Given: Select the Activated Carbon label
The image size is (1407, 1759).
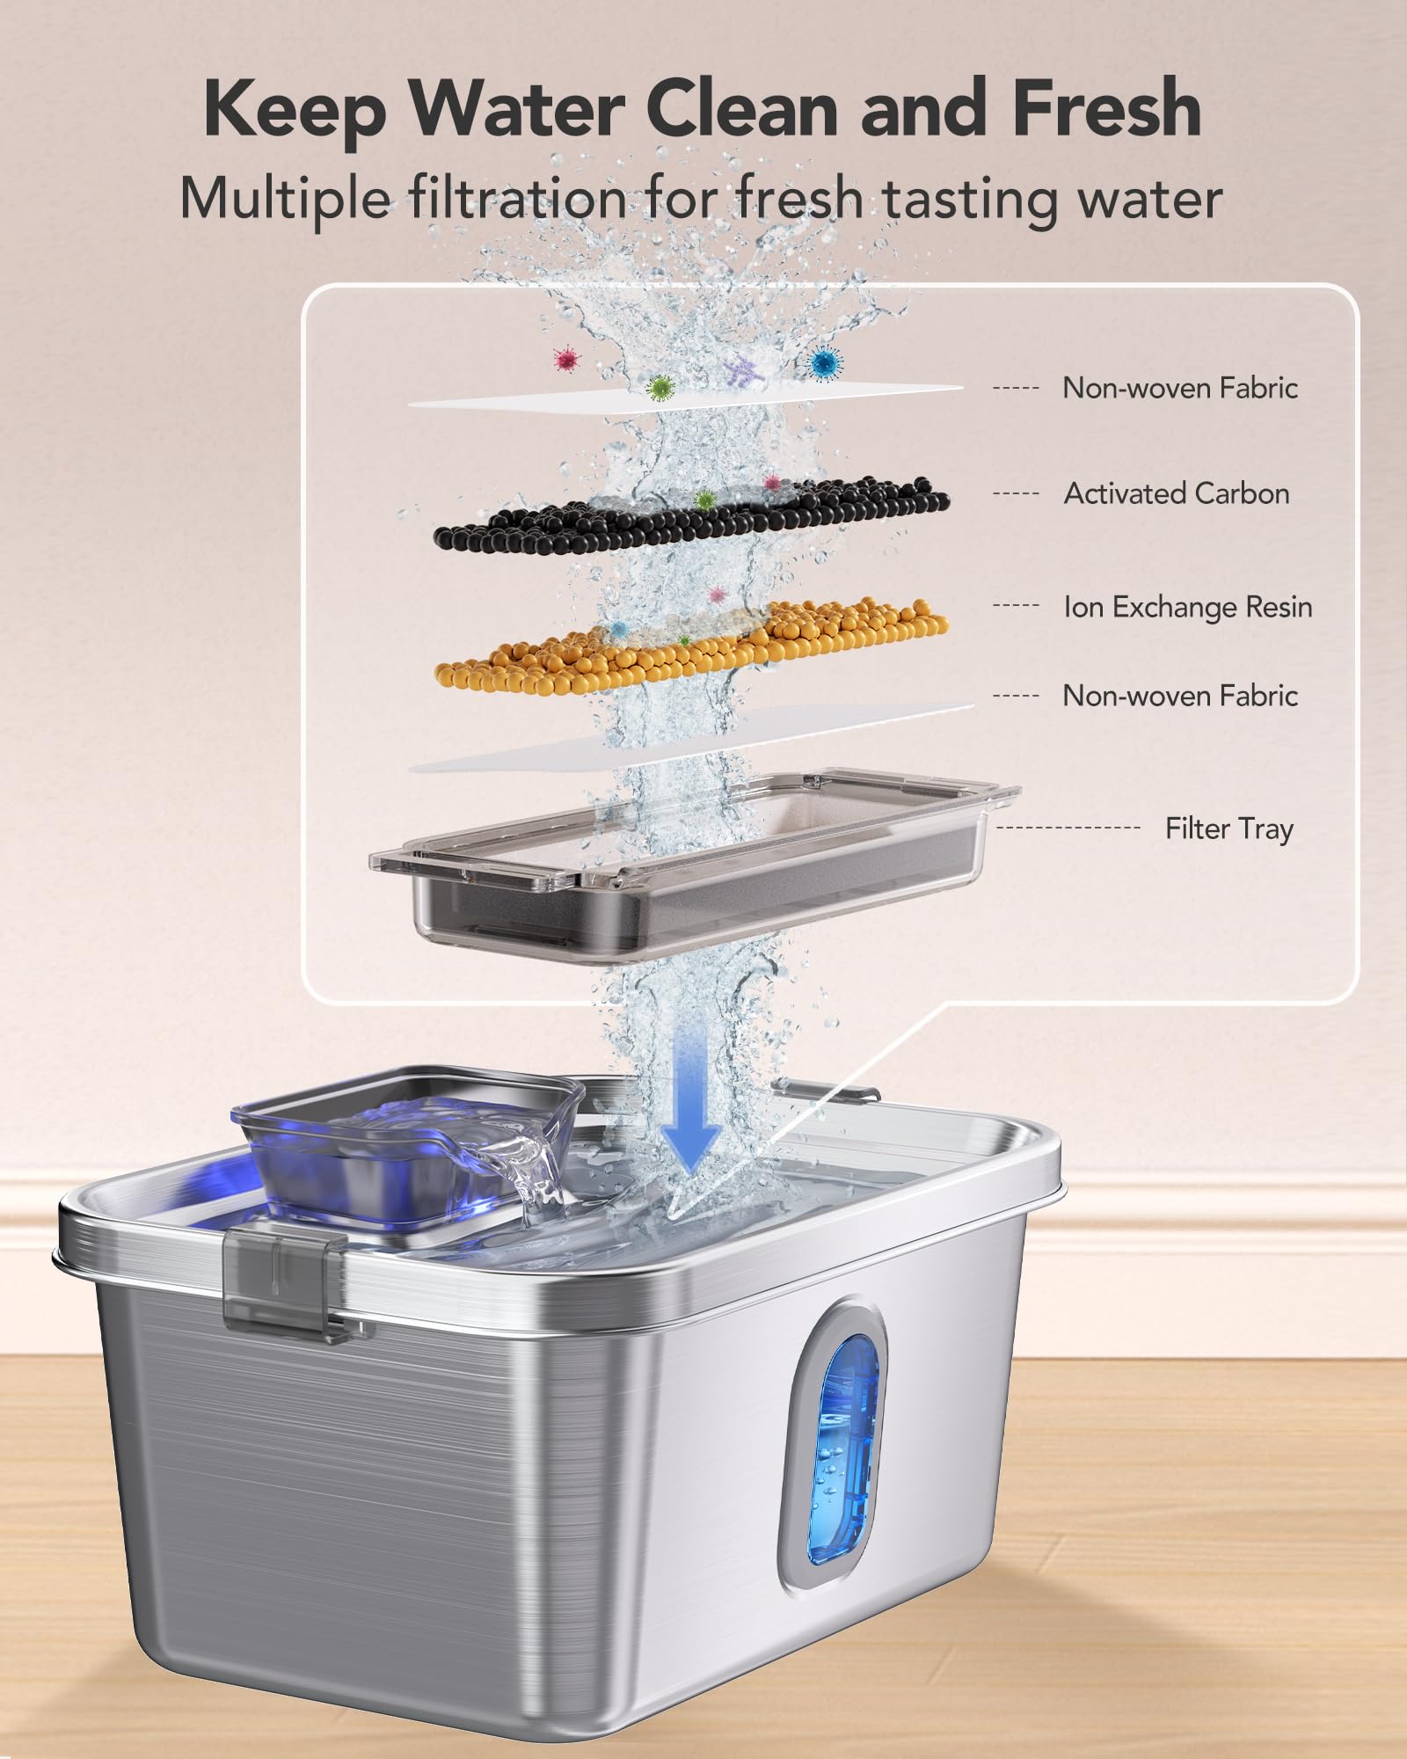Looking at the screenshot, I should point(1177,493).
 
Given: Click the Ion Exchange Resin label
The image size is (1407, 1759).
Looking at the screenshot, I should point(1187,607).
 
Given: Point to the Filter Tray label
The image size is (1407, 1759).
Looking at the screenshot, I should point(1228,828).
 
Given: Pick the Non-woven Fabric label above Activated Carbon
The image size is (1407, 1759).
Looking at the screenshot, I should point(1179,388).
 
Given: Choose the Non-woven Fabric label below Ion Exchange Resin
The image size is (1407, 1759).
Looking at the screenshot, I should point(1179,696).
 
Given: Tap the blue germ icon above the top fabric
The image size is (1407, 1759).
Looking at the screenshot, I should point(824,361).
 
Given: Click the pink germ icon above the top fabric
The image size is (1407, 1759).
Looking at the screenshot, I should point(567,358).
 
